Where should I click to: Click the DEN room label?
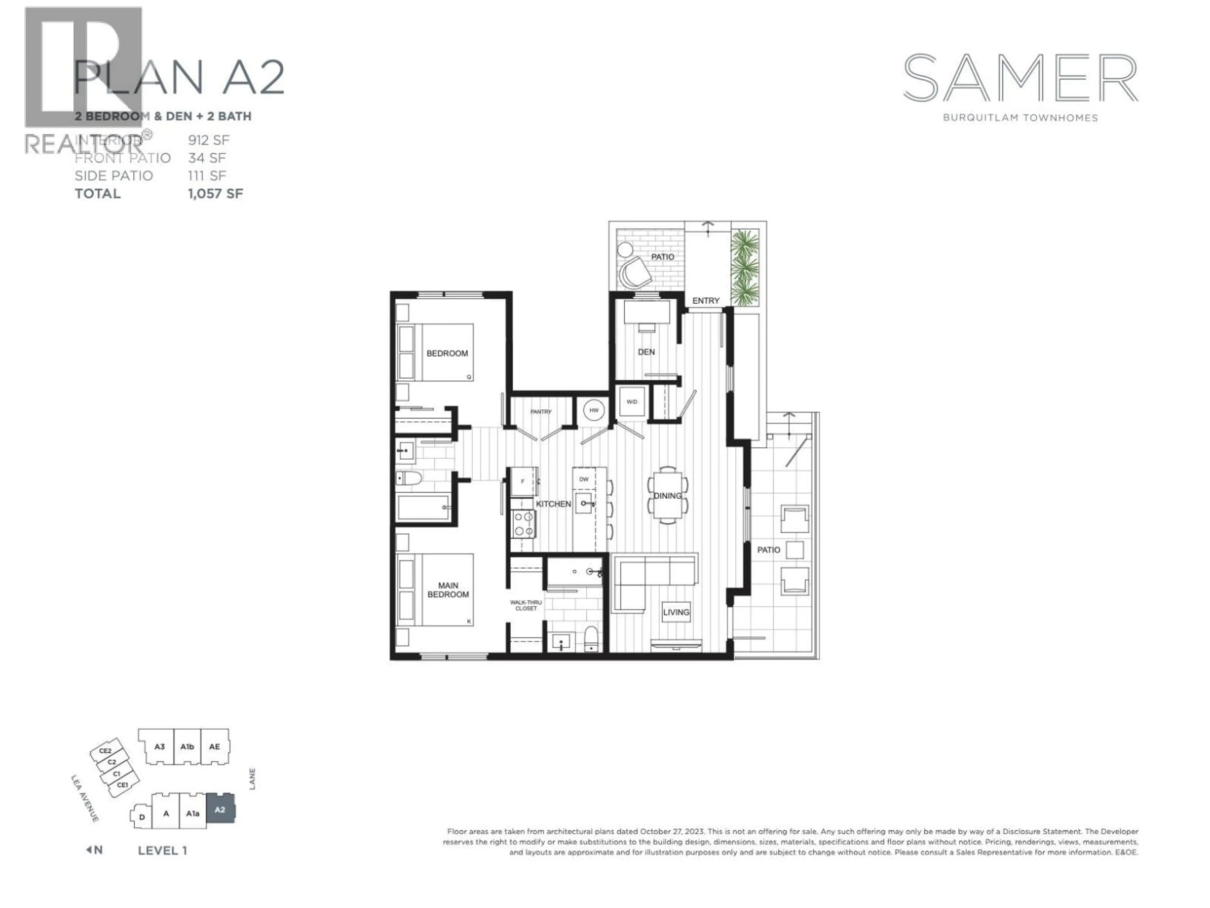pyautogui.click(x=646, y=352)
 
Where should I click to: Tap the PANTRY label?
pyautogui.click(x=540, y=411)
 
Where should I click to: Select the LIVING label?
pyautogui.click(x=676, y=613)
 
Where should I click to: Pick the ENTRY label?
pyautogui.click(x=706, y=300)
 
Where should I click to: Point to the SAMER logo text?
pyautogui.click(x=1020, y=78)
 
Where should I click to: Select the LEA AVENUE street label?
pyautogui.click(x=85, y=798)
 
